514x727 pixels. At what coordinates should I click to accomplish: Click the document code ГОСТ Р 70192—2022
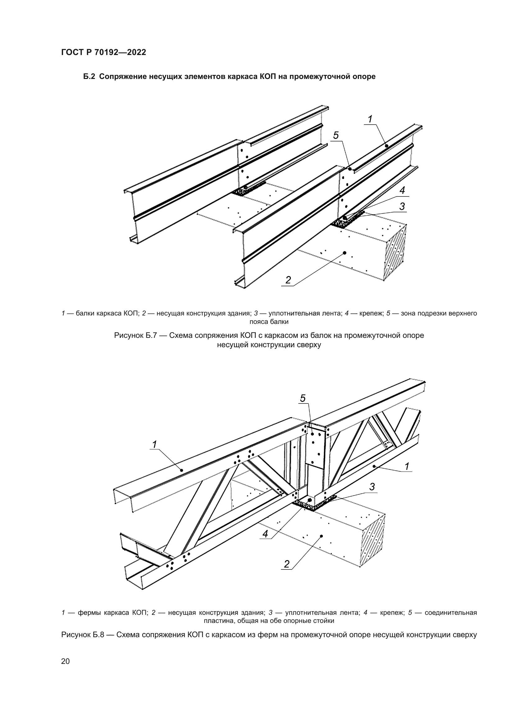[x=103, y=52]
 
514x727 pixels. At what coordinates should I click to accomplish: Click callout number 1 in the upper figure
[x=370, y=119]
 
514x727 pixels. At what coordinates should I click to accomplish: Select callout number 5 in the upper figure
[x=336, y=136]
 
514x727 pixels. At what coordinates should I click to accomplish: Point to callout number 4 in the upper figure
[x=402, y=190]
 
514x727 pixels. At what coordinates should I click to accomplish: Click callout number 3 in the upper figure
[x=402, y=206]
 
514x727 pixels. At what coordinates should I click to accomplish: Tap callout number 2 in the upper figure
[x=288, y=280]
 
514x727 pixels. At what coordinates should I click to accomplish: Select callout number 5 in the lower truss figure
[x=303, y=398]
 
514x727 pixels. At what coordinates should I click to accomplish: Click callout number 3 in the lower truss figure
[x=372, y=487]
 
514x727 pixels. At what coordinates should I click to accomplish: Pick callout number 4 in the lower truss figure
[x=265, y=534]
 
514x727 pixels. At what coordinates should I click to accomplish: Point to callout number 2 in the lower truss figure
[x=287, y=564]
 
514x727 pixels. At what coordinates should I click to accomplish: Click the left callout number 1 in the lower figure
[x=154, y=445]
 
